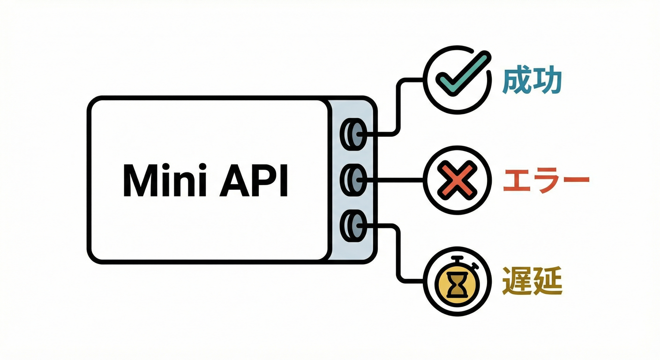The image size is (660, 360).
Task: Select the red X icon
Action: (457, 180)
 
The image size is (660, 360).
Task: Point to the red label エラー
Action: (546, 180)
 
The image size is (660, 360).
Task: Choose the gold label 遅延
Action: (532, 281)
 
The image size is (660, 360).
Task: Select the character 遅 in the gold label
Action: (517, 281)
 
